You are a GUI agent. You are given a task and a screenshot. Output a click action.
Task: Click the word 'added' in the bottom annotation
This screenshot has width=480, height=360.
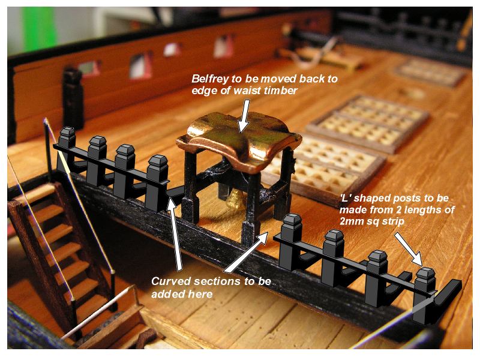[x=166, y=294]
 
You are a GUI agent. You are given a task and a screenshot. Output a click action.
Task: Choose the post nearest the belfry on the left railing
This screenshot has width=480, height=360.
[x=157, y=180]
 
